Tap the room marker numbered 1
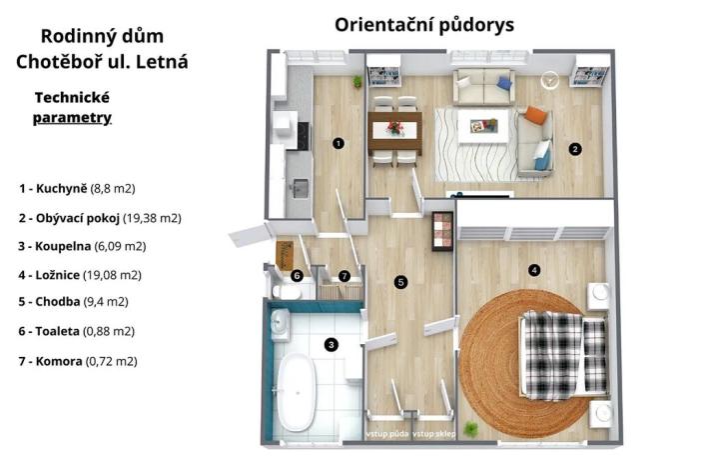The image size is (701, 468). point(339,143)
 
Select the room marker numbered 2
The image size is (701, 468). point(575,149)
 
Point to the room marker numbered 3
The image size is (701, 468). point(332,345)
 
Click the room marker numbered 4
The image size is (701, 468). point(534,269)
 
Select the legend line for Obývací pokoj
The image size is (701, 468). point(99,217)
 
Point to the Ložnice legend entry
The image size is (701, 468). point(79,274)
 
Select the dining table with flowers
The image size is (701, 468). point(394,129)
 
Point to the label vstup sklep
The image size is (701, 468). point(435,433)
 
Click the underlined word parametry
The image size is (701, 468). point(71,118)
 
